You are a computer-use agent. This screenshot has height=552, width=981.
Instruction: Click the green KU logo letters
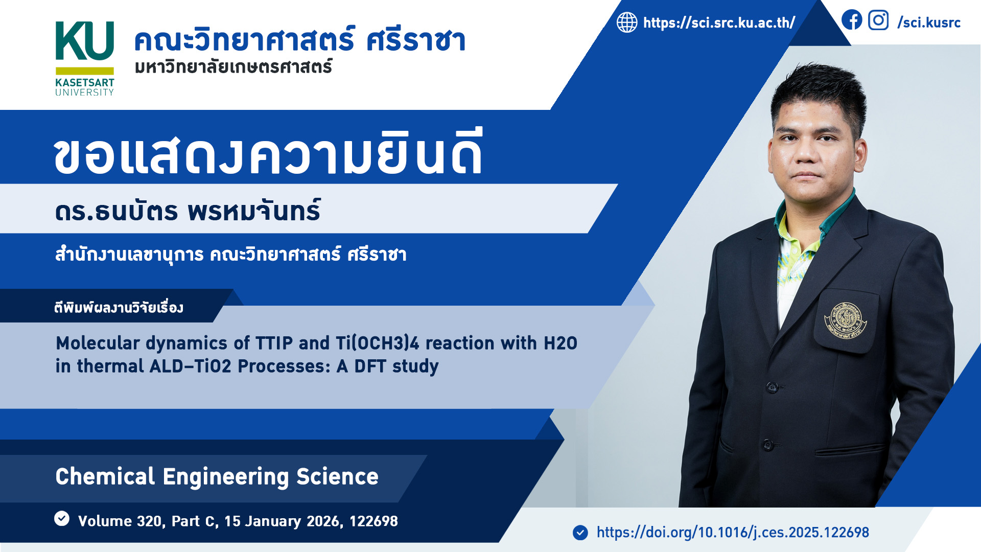point(85,41)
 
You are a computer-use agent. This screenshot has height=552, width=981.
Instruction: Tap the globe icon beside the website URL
point(627,22)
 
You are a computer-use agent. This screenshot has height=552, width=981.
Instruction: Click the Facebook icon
point(852,20)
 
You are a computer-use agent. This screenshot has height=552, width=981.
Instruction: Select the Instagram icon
point(878,20)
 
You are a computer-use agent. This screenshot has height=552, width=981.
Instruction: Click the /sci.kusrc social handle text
point(929,22)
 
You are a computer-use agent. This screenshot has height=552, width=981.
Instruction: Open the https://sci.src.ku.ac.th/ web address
point(719,22)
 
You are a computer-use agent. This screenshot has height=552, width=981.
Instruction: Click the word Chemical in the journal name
point(105,476)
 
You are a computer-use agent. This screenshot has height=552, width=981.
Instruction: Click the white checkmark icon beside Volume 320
point(62,518)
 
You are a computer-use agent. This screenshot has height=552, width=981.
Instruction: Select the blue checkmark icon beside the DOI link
point(580,533)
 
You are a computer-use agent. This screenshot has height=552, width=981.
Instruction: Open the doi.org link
point(733,533)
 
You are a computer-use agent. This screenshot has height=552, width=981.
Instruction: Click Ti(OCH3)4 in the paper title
point(377,343)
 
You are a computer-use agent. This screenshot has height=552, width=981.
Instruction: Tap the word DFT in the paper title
point(370,366)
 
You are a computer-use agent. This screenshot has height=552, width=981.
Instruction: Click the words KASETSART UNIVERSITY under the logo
point(85,87)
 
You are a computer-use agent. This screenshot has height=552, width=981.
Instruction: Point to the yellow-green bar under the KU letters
point(85,71)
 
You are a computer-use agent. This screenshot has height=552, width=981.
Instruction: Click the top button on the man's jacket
point(772,387)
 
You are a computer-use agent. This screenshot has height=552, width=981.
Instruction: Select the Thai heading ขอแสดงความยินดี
point(268,152)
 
